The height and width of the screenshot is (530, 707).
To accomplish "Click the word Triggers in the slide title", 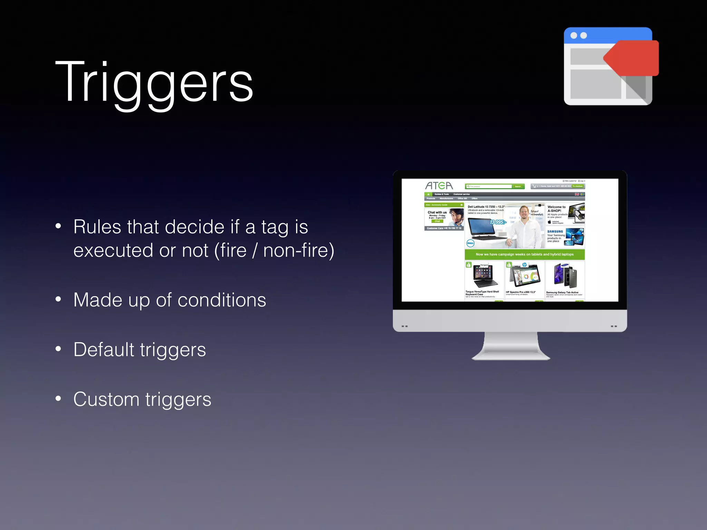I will [x=154, y=83].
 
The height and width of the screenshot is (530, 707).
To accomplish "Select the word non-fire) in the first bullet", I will [x=299, y=251].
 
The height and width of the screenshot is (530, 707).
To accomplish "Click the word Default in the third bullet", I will [x=104, y=350].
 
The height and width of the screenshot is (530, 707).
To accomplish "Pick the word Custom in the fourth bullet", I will [x=106, y=399].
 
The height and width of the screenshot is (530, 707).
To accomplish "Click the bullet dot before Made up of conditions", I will [x=58, y=299].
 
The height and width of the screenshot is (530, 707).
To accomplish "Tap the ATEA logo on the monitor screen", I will [x=439, y=186].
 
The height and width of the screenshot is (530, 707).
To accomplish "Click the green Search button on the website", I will [x=518, y=186].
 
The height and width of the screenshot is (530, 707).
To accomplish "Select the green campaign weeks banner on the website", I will [x=524, y=254].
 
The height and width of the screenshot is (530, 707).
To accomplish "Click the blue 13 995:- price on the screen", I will [x=498, y=222].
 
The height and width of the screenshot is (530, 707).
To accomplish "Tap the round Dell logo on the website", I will [x=470, y=243].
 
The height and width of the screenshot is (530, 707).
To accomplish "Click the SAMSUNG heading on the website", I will [x=555, y=232].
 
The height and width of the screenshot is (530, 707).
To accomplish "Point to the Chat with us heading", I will [x=437, y=212].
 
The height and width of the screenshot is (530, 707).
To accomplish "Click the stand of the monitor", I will [x=511, y=347].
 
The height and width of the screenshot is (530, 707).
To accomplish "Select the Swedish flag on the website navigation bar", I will [x=582, y=194].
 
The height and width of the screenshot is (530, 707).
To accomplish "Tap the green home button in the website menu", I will [x=428, y=194].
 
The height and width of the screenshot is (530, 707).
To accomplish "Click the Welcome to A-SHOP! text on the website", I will [x=556, y=209].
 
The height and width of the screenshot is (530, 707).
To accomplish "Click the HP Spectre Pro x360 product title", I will [x=521, y=292].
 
